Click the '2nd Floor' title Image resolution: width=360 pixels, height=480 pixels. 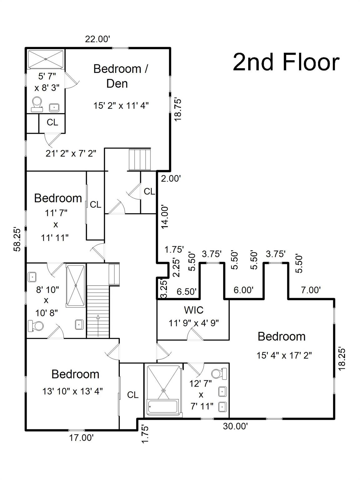(286, 62)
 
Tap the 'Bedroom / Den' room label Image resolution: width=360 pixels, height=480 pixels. (120, 76)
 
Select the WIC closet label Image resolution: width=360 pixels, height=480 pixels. (193, 310)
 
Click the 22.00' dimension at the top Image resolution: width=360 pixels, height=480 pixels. (97, 39)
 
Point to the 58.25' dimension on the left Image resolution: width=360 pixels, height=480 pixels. (17, 240)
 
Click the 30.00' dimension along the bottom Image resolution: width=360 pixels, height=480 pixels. (235, 426)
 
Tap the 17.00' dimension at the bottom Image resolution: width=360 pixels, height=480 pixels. (81, 438)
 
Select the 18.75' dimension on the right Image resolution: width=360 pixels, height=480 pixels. (178, 110)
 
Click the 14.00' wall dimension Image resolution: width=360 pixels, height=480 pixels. (164, 217)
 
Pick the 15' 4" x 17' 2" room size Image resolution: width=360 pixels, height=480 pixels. (284, 355)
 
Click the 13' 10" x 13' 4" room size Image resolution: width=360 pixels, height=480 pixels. (72, 391)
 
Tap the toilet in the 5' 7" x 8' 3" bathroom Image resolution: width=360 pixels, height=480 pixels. (37, 104)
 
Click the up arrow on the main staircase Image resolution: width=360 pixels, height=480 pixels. (98, 325)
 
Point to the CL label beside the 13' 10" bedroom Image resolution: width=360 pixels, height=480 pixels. (132, 395)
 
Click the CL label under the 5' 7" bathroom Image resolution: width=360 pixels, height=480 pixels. (52, 122)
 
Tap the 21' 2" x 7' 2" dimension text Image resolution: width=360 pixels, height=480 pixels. (71, 153)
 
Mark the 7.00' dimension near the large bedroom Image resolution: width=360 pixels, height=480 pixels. (310, 290)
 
